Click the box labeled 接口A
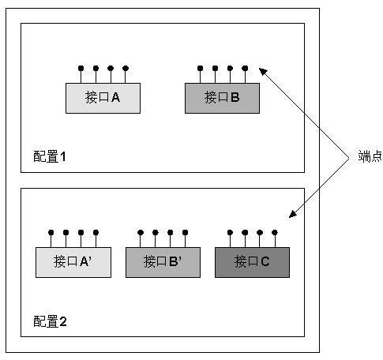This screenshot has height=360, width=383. (103, 98)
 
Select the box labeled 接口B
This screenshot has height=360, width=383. (222, 98)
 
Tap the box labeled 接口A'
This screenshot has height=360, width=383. (73, 262)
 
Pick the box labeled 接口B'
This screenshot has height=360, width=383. (163, 262)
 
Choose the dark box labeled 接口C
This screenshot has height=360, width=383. (252, 262)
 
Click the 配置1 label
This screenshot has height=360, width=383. (50, 156)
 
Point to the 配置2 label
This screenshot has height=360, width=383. (50, 321)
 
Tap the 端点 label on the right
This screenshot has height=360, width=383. (370, 156)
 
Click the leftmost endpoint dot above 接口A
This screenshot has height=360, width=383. (81, 69)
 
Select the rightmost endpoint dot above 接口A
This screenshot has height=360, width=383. (126, 69)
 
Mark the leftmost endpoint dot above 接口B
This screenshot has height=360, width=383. (200, 69)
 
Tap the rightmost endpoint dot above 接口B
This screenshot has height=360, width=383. (245, 69)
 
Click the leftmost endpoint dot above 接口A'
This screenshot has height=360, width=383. (51, 233)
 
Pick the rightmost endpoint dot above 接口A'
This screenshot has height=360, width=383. (96, 233)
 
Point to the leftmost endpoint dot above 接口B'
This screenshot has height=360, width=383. (141, 233)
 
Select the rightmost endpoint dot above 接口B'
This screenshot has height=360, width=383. (186, 233)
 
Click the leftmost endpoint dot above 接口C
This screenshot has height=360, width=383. (230, 233)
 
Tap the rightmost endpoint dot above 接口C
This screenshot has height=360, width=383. (275, 233)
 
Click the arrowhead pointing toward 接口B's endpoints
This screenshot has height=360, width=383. (263, 71)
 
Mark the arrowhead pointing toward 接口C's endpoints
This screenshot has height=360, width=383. (293, 214)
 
